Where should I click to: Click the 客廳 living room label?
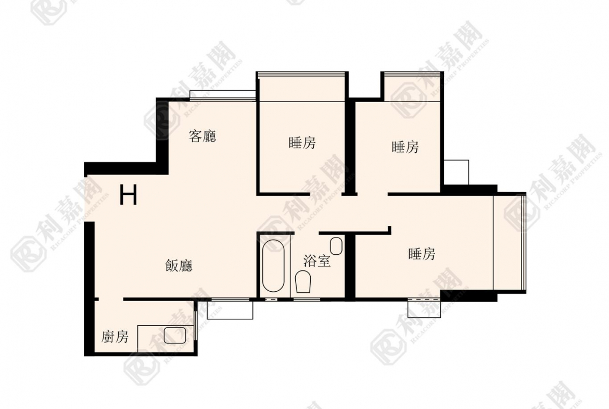(x=202, y=136)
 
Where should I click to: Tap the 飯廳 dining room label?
(x=179, y=266)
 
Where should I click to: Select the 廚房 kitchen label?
(x=115, y=337)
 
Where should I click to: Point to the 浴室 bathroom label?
(x=317, y=261)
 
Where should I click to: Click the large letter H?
(x=128, y=195)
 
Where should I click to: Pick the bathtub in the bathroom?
(x=273, y=266)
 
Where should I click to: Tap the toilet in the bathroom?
(x=303, y=282)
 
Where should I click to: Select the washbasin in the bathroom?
(x=336, y=246)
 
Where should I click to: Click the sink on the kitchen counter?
(x=175, y=335)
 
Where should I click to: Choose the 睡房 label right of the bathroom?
(x=422, y=254)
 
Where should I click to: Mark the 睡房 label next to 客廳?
(x=302, y=143)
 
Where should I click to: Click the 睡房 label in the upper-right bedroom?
(x=405, y=147)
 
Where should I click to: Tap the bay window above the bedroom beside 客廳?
(x=302, y=86)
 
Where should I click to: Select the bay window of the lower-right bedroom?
(x=510, y=242)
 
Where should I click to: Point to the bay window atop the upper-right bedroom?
(x=412, y=86)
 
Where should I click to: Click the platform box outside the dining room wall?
(x=230, y=310)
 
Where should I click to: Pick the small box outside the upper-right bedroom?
(x=456, y=172)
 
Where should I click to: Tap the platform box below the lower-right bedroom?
(x=424, y=308)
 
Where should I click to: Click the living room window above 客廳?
(x=223, y=96)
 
